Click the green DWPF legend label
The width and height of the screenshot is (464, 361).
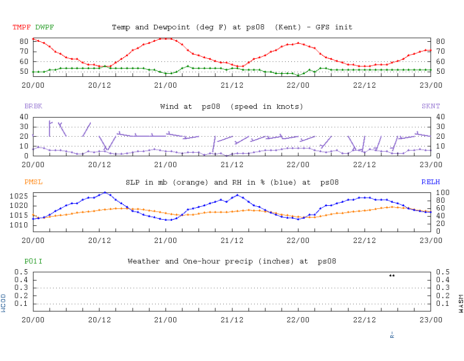tap(45, 27)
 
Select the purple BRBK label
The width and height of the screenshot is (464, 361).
tap(34, 106)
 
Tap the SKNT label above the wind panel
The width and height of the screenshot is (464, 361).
tap(430, 106)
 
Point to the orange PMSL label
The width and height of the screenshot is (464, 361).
tap(34, 182)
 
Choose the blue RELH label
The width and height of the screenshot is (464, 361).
tap(430, 182)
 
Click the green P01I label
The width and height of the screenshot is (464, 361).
tap(34, 261)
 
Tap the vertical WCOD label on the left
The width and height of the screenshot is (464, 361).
tap(4, 303)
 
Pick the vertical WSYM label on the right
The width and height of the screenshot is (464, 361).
tap(460, 303)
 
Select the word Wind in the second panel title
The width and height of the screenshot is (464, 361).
tap(170, 106)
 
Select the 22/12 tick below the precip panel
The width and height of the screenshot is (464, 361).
tap(364, 320)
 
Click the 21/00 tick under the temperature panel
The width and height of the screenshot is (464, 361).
tap(165, 85)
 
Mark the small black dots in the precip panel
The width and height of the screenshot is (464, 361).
tap(392, 275)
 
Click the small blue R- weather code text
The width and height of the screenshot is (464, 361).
tap(392, 335)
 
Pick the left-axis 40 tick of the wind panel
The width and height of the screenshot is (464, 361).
tap(25, 117)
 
